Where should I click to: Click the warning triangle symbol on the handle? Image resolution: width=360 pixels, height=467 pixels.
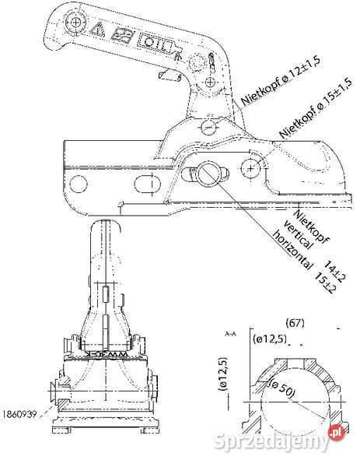click(100, 30)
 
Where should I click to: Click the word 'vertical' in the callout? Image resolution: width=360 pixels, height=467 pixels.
click(291, 233)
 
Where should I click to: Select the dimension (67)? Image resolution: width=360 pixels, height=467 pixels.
click(295, 321)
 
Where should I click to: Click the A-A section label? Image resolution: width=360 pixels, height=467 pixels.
click(230, 332)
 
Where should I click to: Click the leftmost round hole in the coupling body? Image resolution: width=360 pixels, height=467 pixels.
click(78, 184)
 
